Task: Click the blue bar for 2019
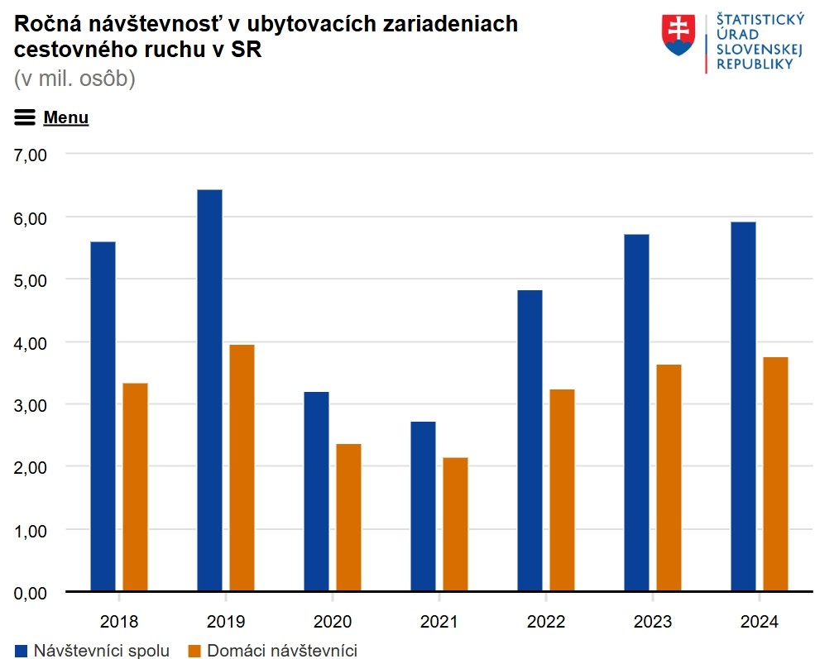(x=209, y=390)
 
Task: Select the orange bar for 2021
(x=455, y=524)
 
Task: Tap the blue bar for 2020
(x=316, y=491)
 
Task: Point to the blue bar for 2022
(x=530, y=441)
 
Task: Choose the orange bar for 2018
(x=135, y=487)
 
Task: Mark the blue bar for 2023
(x=636, y=413)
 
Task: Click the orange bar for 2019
(x=242, y=467)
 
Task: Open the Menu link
(x=65, y=117)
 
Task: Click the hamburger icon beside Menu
(x=25, y=117)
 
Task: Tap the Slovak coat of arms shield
(x=679, y=35)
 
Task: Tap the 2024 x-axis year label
(x=759, y=621)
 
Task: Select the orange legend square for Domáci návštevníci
(x=195, y=651)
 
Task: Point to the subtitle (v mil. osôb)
(x=74, y=79)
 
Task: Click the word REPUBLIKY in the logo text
(x=754, y=64)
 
